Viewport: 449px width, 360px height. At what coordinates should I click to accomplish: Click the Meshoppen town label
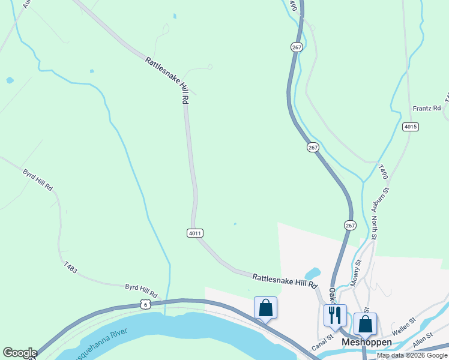(366, 343)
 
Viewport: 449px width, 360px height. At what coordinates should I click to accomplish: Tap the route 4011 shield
(194, 233)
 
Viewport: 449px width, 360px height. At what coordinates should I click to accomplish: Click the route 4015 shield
(411, 127)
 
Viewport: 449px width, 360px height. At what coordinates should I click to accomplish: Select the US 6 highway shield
(145, 305)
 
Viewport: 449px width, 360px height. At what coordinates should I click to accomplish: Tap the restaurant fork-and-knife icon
(335, 314)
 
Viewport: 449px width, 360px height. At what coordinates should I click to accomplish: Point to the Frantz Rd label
(427, 109)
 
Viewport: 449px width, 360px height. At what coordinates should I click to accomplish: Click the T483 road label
(70, 268)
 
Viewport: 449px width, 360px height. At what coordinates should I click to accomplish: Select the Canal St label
(322, 347)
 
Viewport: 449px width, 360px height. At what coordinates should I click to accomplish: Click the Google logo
(20, 353)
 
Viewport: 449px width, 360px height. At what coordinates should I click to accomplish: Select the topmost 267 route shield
(297, 47)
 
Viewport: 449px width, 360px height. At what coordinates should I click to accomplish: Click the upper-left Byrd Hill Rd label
(38, 180)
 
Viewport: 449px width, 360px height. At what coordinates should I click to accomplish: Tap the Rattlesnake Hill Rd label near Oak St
(284, 280)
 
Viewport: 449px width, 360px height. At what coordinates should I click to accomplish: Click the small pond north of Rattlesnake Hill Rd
(312, 274)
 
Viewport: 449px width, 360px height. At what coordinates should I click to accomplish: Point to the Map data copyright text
(412, 355)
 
